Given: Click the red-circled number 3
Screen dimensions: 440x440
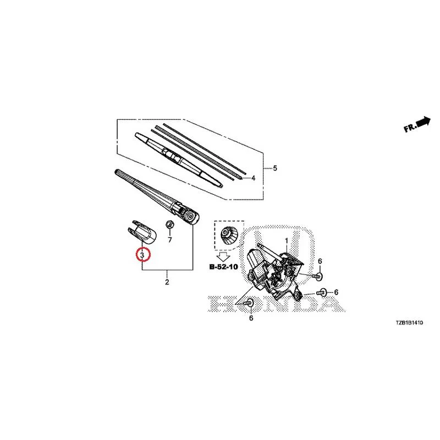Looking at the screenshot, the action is pos(142,255).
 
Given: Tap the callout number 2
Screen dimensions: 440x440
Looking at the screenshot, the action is pos(167,282).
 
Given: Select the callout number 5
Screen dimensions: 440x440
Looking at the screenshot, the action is pos(275,168).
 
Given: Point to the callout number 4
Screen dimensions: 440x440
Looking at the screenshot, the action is pos(253,178).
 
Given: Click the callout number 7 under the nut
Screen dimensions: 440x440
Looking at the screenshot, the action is pos(170,240).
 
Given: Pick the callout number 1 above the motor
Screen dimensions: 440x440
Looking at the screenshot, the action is pos(287,241).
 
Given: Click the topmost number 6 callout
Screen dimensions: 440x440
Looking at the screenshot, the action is pos(320,261).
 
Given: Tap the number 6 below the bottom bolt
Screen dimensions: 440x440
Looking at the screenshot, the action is pos(251,318).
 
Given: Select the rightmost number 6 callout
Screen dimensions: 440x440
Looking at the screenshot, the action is pos(336,293).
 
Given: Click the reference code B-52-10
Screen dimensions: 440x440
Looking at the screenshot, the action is pos(224,267).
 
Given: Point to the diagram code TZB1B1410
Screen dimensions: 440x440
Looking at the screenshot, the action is pos(409,323).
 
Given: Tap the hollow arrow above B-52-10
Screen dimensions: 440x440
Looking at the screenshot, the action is pos(224,257).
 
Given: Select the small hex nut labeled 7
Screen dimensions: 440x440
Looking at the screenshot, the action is pos(169,224).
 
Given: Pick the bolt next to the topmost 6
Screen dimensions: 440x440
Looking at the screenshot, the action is pos(317,276).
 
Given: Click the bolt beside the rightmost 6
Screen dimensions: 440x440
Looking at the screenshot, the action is pos(321,293).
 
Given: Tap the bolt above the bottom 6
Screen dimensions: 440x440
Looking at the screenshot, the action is pos(249,303).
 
